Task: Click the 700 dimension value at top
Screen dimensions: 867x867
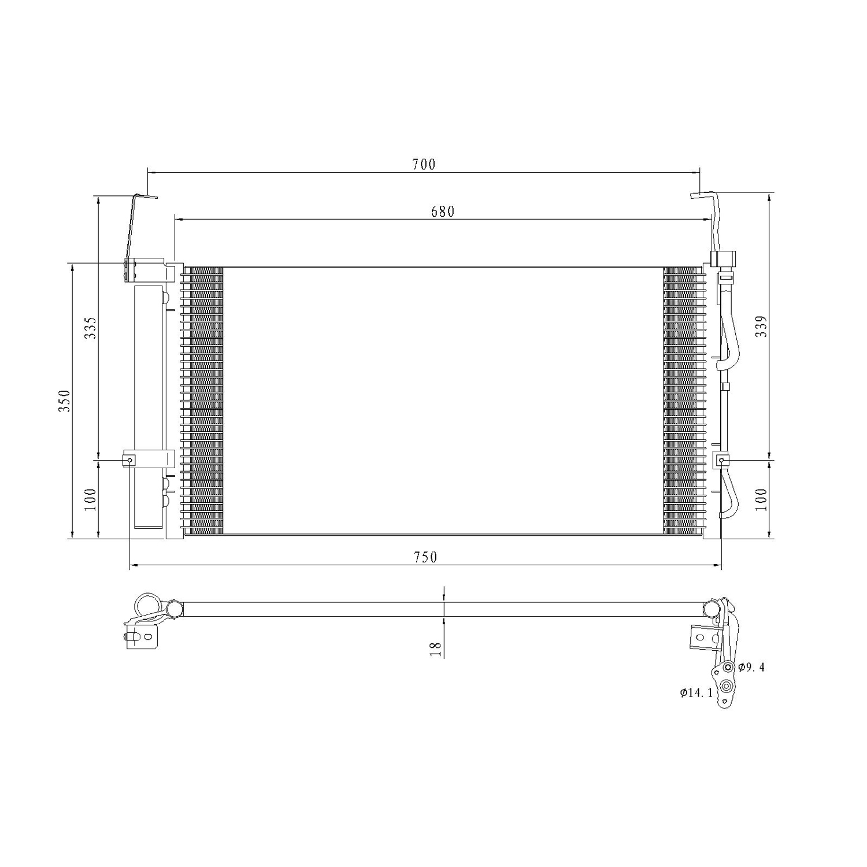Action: tap(424, 164)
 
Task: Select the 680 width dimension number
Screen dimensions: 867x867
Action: tap(443, 212)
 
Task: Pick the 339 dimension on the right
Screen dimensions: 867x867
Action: tap(761, 327)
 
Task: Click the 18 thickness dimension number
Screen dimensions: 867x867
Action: tap(436, 649)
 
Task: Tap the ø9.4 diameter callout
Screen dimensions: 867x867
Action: tap(751, 668)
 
